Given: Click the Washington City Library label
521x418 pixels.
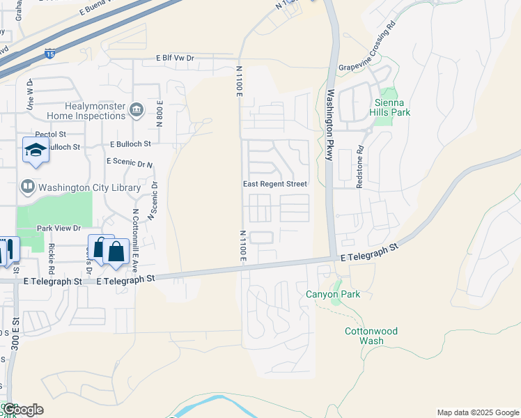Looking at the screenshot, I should pyautogui.click(x=90, y=187).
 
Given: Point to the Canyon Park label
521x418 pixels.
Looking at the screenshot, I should pyautogui.click(x=333, y=295).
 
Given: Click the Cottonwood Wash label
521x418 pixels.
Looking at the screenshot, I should pyautogui.click(x=371, y=336).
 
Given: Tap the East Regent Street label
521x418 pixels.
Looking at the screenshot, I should pyautogui.click(x=274, y=184).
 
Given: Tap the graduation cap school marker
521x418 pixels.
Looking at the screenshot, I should pyautogui.click(x=36, y=150).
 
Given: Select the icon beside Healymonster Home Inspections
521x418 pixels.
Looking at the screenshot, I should pyautogui.click(x=137, y=109).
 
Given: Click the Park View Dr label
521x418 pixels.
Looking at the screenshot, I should pyautogui.click(x=59, y=228).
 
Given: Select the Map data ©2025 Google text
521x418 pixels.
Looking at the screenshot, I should pyautogui.click(x=477, y=412).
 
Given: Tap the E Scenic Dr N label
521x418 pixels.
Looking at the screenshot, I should pyautogui.click(x=129, y=162).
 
